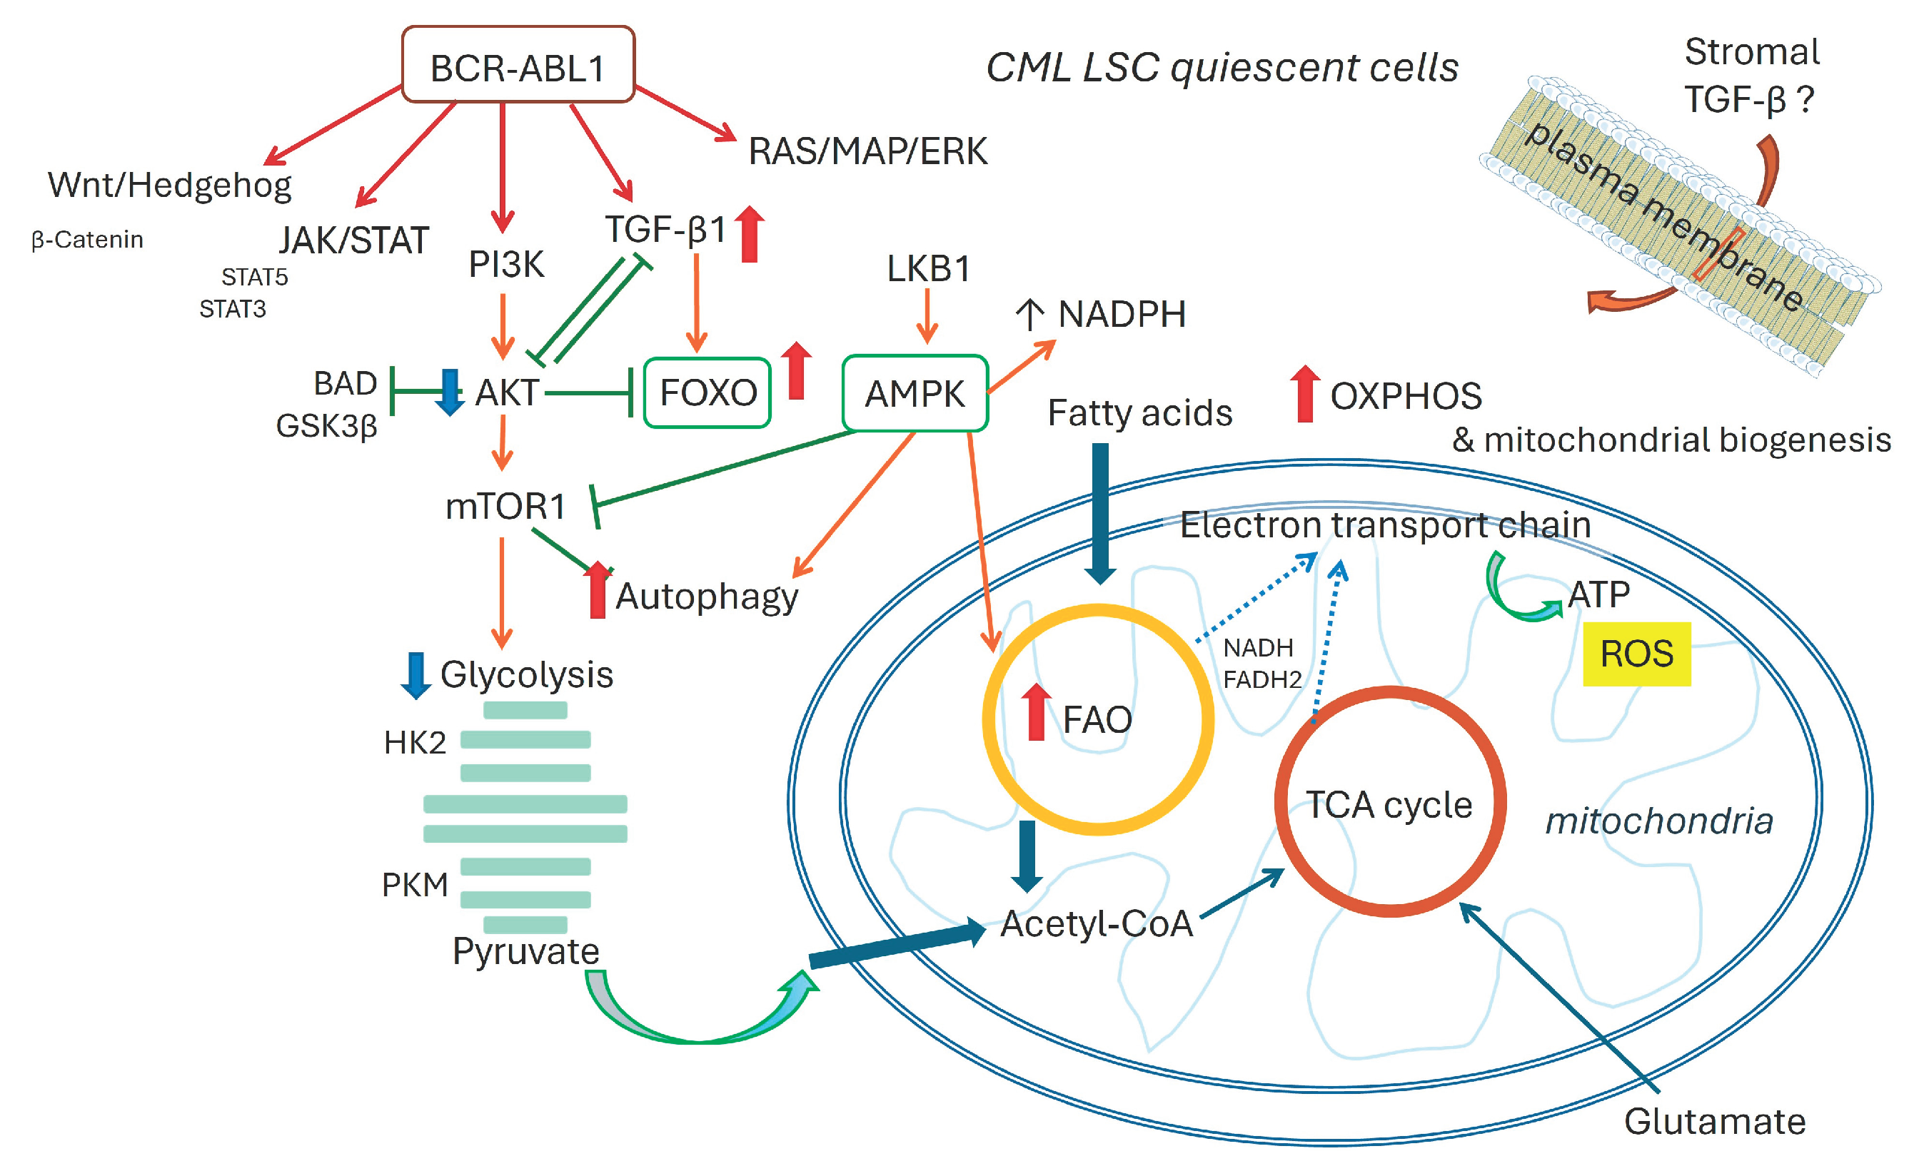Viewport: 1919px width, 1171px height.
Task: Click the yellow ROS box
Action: pos(1637,654)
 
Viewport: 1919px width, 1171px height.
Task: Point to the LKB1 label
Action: pos(928,268)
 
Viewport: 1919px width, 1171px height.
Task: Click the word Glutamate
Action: pos(1715,1122)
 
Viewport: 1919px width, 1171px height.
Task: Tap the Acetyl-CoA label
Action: pos(1097,923)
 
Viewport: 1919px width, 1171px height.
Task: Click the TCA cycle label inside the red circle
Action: pos(1389,805)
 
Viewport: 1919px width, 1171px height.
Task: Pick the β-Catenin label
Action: pos(87,240)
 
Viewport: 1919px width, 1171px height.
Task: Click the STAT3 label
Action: pos(233,309)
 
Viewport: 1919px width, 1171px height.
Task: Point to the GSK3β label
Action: pos(327,427)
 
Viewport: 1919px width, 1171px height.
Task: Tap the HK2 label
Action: pos(415,743)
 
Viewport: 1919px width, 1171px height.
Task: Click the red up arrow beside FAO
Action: pos(1036,711)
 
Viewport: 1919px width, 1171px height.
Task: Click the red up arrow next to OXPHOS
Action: pos(1305,394)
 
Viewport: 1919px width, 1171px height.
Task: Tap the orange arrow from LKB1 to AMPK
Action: pos(927,316)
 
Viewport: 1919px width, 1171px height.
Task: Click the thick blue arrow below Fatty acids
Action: pos(1099,514)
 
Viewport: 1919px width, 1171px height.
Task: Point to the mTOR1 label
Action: pos(505,507)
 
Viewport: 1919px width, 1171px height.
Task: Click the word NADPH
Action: pos(1122,315)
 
